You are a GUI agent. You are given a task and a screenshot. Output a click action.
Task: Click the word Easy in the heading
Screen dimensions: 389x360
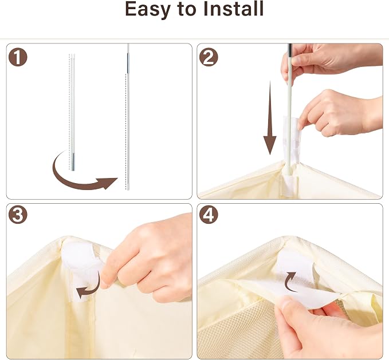148,10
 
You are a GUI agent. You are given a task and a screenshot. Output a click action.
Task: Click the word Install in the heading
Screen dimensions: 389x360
233,9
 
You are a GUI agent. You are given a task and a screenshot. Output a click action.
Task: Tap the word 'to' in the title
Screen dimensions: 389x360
187,9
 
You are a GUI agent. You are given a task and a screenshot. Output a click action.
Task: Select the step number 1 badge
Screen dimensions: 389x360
18,57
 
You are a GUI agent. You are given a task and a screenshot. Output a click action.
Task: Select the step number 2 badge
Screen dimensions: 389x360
209,57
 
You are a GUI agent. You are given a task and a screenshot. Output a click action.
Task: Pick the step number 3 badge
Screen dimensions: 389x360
18,215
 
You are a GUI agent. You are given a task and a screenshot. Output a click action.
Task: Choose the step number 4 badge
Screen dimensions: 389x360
209,215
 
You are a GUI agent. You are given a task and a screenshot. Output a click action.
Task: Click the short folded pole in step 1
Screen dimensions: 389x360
72,112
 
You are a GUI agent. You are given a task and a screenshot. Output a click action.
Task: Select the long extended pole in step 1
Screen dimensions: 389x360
128,117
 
